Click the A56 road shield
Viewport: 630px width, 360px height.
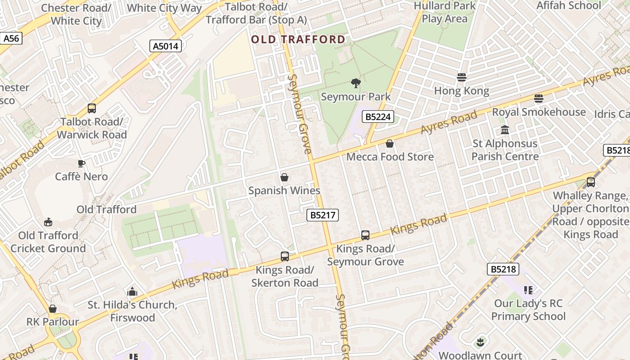tap(11, 39)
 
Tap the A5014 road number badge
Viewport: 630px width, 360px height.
tap(166, 46)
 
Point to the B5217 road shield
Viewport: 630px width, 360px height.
tap(323, 215)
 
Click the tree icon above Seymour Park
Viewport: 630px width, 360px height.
tap(356, 83)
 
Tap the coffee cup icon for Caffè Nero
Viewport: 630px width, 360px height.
tap(81, 163)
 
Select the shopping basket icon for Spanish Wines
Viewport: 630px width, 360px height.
tap(284, 177)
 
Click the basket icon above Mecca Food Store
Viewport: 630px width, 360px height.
tap(390, 144)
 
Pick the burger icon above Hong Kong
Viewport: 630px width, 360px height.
tap(461, 77)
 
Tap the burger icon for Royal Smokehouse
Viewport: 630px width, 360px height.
tap(539, 99)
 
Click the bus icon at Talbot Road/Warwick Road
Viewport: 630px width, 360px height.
tap(92, 108)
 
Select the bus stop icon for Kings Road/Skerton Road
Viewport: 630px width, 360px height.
tap(285, 256)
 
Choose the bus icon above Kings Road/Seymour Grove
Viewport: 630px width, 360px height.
tap(365, 235)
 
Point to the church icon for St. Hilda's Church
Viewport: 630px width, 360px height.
tap(132, 292)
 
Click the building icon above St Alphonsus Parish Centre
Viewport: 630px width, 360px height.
tap(505, 130)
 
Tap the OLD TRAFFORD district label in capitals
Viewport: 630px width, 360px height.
tap(298, 40)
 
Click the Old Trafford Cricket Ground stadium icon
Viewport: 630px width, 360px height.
tap(48, 222)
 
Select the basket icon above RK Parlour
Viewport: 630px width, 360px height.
tap(53, 309)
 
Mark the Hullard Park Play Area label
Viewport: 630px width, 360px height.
tap(445, 12)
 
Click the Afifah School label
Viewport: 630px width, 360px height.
tap(568, 5)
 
